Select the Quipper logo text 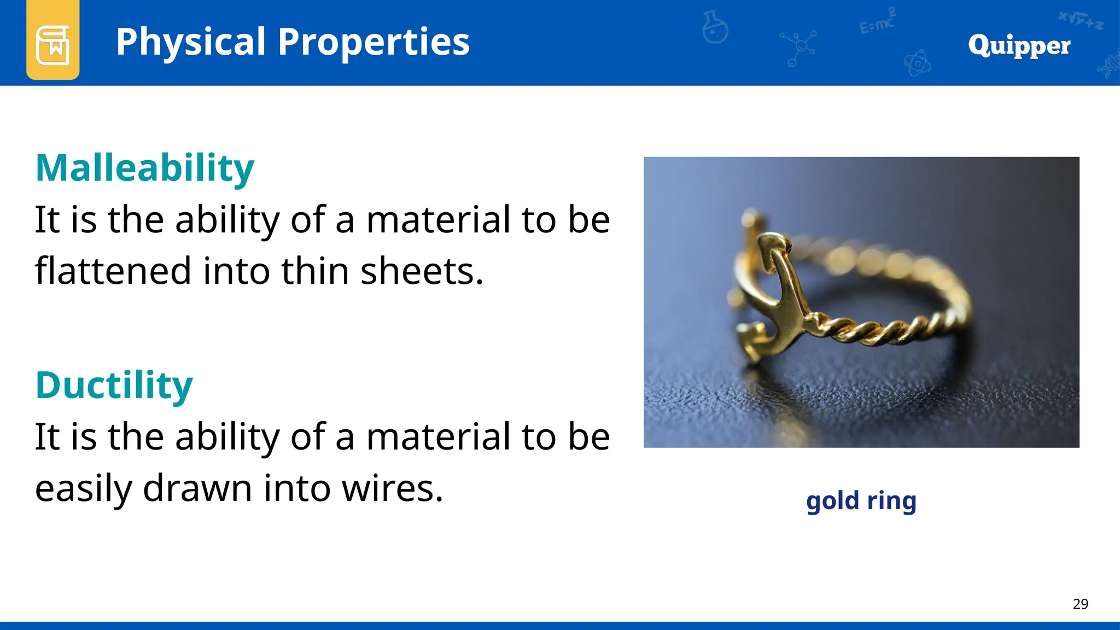click(x=1019, y=45)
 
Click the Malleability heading click(x=145, y=168)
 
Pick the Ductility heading click(x=114, y=385)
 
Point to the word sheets click(x=422, y=271)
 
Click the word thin click(x=314, y=271)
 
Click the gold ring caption click(x=861, y=500)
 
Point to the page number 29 click(x=1080, y=604)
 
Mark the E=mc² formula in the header click(x=877, y=22)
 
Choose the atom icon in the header click(x=917, y=63)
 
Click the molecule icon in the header click(x=799, y=47)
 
